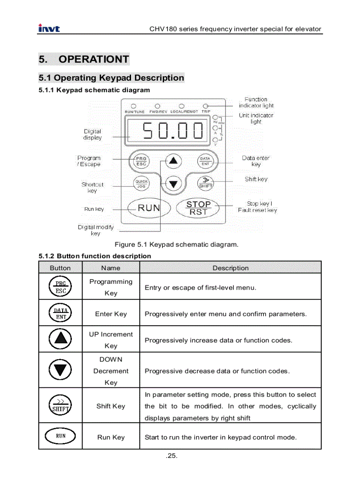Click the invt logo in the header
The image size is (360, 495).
click(x=49, y=29)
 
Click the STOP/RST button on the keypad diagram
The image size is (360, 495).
click(x=198, y=208)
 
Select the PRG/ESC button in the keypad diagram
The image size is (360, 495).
click(x=141, y=161)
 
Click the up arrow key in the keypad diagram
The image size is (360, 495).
click(x=173, y=160)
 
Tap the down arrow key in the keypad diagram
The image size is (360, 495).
click(x=173, y=184)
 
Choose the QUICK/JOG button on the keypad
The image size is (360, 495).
click(x=141, y=184)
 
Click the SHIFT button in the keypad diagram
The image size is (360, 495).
click(x=205, y=182)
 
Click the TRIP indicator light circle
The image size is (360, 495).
click(x=206, y=106)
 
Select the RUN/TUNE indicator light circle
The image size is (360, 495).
click(x=133, y=106)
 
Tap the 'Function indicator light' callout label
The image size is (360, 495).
click(x=256, y=102)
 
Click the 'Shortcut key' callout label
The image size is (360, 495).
click(x=92, y=188)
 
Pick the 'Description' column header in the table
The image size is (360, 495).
click(x=230, y=268)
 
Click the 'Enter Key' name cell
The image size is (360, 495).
click(x=111, y=314)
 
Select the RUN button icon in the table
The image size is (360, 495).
click(x=60, y=436)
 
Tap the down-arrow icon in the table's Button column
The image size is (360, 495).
click(x=60, y=370)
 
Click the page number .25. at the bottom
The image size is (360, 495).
click(x=172, y=456)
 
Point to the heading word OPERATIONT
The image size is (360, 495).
click(x=94, y=59)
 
